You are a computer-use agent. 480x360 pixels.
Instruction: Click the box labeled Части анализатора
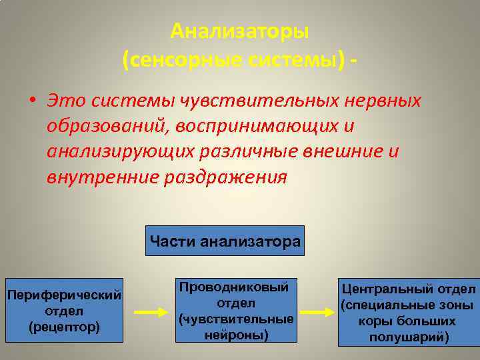(x=225, y=241)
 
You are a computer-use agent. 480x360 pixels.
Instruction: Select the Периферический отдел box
(x=63, y=311)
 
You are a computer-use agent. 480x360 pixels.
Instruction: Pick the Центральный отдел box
(x=408, y=312)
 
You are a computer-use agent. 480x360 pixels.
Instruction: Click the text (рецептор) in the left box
(x=64, y=327)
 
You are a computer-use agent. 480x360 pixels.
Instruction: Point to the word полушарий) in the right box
(x=408, y=337)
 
